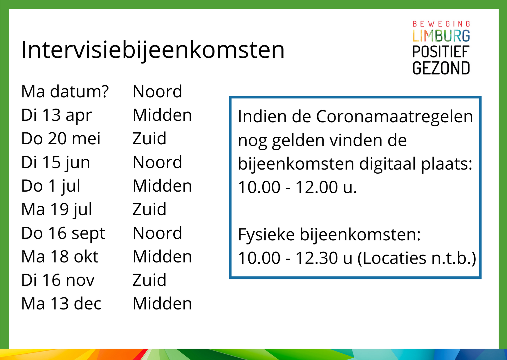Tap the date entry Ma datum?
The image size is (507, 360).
tap(65, 91)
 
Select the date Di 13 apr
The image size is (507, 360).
tap(57, 116)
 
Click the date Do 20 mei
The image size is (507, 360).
tap(61, 138)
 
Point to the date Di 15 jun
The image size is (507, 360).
tap(56, 163)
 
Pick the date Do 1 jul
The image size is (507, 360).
tap(51, 186)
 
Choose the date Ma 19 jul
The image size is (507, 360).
tap(57, 210)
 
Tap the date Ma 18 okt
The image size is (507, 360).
tap(60, 257)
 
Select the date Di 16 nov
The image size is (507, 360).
tap(58, 280)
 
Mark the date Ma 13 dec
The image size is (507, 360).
tap(61, 304)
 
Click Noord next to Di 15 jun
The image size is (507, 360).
tap(157, 162)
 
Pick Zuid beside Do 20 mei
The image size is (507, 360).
tap(149, 138)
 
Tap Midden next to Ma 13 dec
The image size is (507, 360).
tap(162, 304)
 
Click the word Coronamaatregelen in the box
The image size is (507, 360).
tap(394, 116)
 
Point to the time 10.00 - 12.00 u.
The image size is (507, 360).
tap(297, 187)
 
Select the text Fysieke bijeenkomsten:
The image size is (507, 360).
tap(329, 235)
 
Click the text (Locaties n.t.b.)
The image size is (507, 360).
tap(417, 258)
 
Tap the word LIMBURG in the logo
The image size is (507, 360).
tap(441, 36)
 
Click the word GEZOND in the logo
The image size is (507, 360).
tap(441, 68)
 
